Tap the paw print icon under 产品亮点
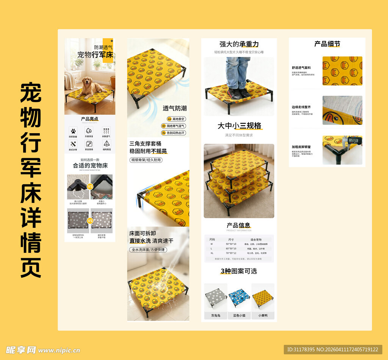coord(73,130)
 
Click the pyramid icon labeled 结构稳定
coord(106,143)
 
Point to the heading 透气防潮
coord(175,108)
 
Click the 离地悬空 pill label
coord(174,119)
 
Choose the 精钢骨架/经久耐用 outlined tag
coord(146,160)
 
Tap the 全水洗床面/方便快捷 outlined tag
coord(148,250)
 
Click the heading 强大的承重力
coord(239,44)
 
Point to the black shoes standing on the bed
coord(239,93)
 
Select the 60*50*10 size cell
coord(231,249)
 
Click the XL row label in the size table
coord(212,253)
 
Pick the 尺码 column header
coord(212,239)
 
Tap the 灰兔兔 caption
coord(216,315)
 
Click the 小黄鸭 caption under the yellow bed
coord(263,315)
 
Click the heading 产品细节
coord(327,44)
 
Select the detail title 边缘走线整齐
coord(301,107)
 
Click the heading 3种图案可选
coord(239,271)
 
